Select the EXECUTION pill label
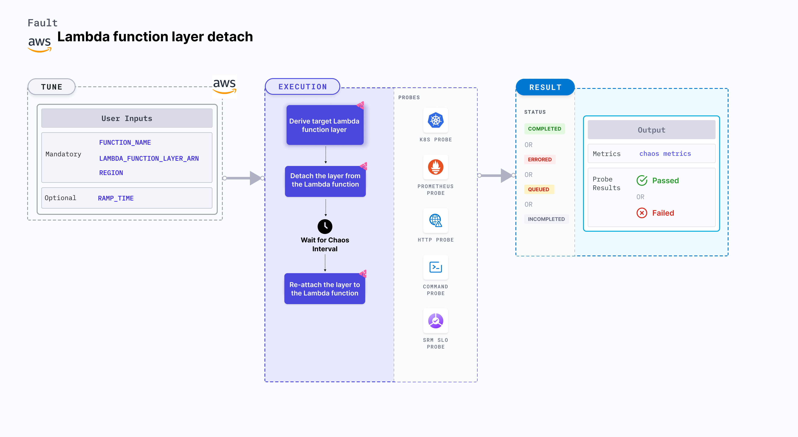tap(302, 87)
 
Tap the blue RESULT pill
tap(545, 87)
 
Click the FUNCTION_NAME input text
tap(125, 143)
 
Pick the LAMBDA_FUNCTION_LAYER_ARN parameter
tap(149, 158)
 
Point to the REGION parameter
tap(111, 173)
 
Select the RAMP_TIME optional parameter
tap(116, 198)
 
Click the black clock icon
tap(325, 227)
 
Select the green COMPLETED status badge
tap(544, 129)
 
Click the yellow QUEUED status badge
tap(538, 189)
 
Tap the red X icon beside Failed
tap(642, 213)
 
